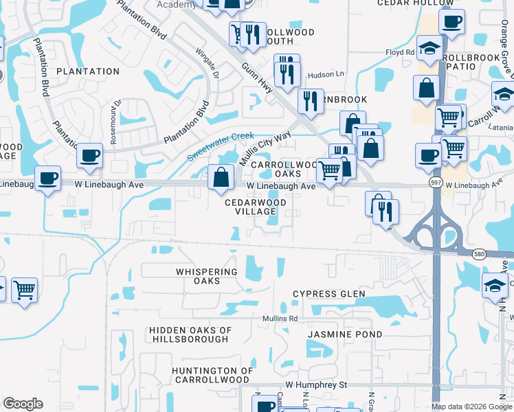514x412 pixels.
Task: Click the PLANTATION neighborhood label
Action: [88, 71]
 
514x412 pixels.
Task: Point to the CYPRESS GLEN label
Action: [329, 294]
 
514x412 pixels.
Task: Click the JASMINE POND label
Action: [335, 334]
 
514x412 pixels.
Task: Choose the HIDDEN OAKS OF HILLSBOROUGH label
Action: [188, 334]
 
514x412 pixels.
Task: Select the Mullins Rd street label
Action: [279, 319]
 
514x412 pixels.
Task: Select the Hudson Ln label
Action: [325, 74]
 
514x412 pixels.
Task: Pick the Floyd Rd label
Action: [400, 51]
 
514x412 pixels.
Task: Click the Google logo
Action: [23, 404]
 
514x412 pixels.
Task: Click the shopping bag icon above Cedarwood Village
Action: [221, 176]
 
